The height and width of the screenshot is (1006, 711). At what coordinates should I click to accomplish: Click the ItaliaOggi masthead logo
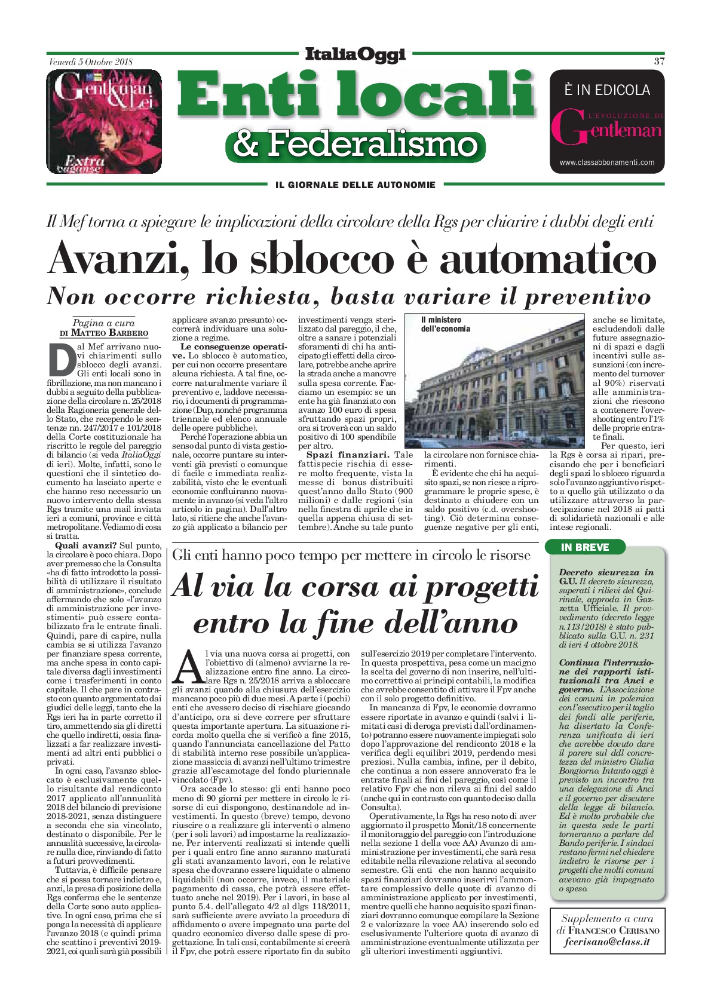click(x=355, y=54)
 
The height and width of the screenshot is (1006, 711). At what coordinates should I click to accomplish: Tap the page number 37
click(x=659, y=61)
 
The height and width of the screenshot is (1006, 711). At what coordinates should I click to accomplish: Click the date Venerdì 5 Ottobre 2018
click(x=90, y=62)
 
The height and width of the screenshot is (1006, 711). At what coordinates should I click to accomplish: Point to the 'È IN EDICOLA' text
click(x=607, y=90)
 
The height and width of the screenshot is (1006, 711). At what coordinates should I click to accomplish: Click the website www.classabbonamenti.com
click(x=607, y=162)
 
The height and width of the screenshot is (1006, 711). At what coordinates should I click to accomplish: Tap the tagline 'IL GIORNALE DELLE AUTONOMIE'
click(x=355, y=185)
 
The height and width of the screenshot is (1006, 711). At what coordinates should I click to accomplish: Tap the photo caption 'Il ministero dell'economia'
click(x=445, y=324)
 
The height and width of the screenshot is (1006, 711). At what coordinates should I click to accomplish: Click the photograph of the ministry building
click(x=494, y=382)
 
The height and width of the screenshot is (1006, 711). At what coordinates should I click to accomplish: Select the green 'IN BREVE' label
click(x=585, y=547)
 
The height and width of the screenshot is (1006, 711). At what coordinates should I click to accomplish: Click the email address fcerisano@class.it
click(x=607, y=942)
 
